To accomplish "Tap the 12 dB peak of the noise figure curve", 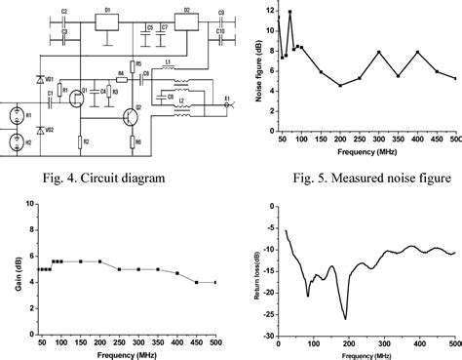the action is pyautogui.click(x=289, y=12).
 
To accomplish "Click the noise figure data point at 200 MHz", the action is pyautogui.click(x=340, y=85).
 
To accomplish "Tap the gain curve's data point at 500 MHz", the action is pyautogui.click(x=215, y=283).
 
